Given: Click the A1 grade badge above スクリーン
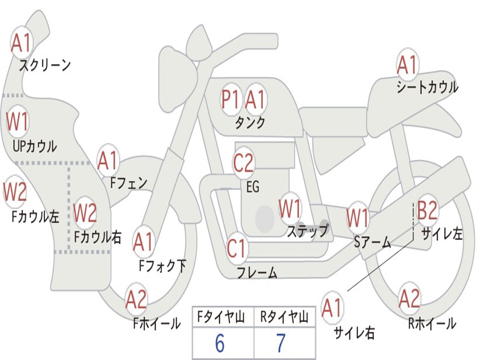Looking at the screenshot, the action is [x=21, y=43].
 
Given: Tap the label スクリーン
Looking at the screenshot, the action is [x=45, y=65].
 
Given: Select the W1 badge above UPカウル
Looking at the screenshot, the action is [x=17, y=121].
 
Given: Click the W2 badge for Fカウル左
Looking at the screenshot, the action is [x=15, y=192].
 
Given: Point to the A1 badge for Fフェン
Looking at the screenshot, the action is [x=108, y=161].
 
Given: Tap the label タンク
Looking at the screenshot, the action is [x=250, y=123].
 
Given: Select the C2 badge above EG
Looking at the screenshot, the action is [x=243, y=163].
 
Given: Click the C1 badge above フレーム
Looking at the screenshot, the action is [x=236, y=248].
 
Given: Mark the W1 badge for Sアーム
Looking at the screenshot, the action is [x=358, y=218].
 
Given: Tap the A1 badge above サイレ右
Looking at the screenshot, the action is [x=332, y=308].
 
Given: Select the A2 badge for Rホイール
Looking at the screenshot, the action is [x=409, y=299].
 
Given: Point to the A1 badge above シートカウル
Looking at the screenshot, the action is [x=407, y=65].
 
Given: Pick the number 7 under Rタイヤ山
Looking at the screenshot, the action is [x=280, y=344].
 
